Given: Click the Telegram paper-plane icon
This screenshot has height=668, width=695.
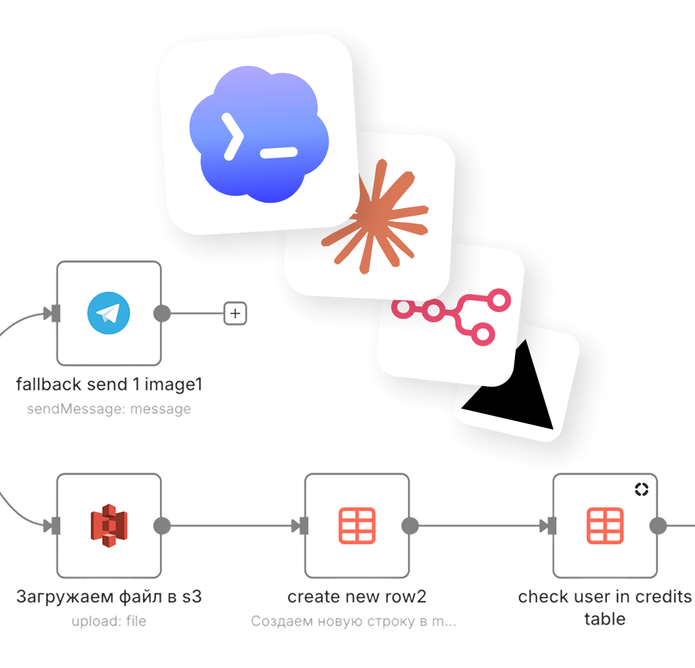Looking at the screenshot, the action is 109,313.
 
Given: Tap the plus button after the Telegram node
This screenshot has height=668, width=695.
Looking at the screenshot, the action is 235,313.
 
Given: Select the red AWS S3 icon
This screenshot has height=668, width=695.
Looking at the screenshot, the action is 109,526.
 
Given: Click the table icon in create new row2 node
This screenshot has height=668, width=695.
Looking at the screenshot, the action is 356,526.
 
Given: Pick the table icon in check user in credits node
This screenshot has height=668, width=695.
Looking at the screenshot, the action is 605,526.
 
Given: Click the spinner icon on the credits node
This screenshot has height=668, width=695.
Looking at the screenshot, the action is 642,489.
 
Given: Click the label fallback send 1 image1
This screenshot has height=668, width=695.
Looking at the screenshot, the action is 109,384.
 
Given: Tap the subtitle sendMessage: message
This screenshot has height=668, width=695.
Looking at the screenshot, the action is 109,409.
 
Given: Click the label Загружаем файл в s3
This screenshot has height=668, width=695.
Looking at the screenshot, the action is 109,597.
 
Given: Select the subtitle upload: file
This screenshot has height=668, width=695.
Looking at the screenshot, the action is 109,621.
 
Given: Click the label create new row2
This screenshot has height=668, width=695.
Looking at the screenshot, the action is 356,597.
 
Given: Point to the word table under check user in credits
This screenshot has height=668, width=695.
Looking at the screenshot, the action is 605,619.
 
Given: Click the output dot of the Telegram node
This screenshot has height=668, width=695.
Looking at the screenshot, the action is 162,313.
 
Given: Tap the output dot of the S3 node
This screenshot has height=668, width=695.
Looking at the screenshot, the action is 162,526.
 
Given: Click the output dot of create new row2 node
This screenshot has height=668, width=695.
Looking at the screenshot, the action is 410,526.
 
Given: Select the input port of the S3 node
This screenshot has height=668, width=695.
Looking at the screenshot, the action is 56,526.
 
